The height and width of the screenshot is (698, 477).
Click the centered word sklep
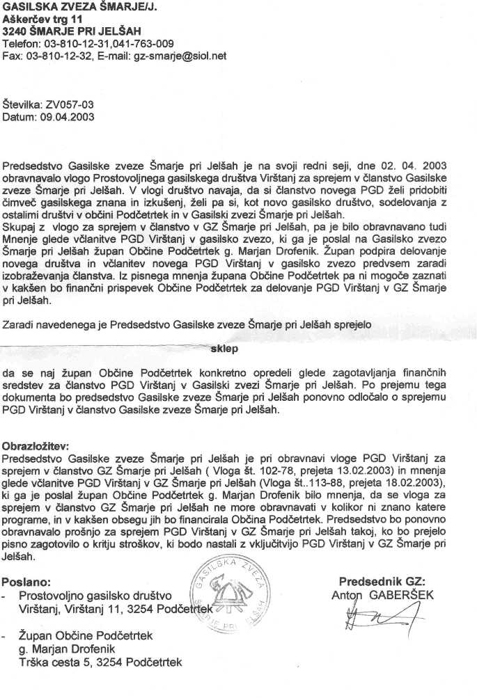pos(224,349)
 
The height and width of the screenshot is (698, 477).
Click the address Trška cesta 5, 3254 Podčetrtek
pos(100,662)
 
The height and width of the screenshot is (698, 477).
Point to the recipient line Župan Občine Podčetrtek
pos(85,635)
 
